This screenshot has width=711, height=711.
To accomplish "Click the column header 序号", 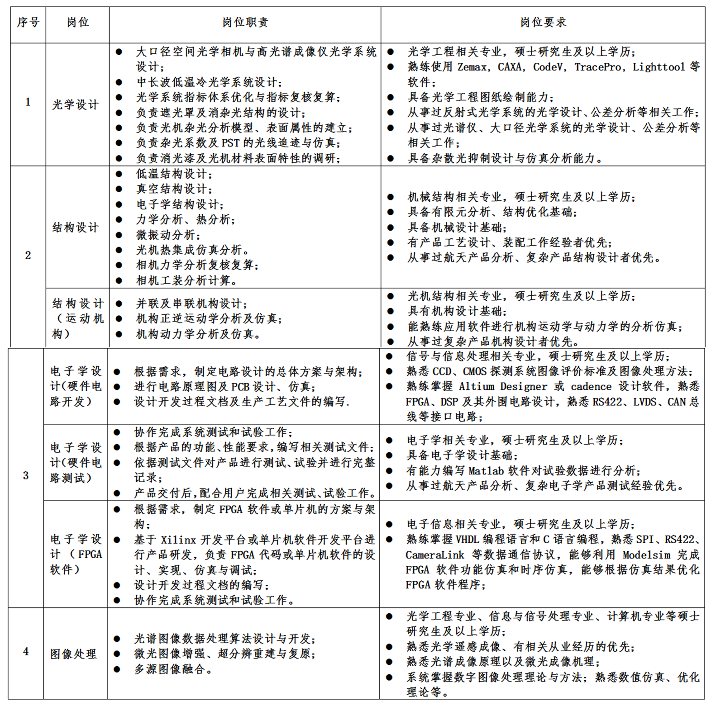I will (28, 22).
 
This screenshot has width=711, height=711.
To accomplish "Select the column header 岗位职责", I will (245, 22).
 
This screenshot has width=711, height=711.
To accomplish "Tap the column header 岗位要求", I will (543, 22).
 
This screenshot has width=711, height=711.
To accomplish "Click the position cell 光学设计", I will (75, 104).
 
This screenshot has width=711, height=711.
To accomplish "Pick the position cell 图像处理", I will (73, 654).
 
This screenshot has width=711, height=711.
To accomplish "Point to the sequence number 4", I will (26, 651).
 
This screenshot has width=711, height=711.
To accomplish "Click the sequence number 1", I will (28, 102).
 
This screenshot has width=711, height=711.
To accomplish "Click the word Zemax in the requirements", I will (472, 67).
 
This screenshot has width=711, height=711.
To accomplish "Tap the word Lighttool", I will (659, 67).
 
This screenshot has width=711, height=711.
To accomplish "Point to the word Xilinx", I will (178, 540).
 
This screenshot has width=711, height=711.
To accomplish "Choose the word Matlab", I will (486, 471).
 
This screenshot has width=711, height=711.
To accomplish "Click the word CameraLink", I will (435, 555).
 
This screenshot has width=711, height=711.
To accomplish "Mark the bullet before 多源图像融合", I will (117, 669).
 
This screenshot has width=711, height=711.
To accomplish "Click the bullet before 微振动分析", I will (119, 235).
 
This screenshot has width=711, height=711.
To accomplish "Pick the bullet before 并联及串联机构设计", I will (119, 303).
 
